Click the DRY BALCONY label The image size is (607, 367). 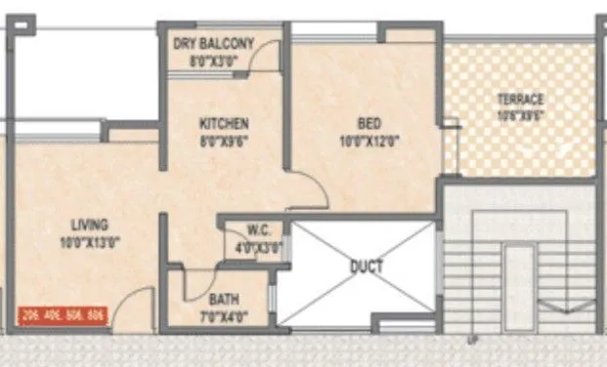(x=213, y=43)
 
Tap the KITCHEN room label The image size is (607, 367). (x=224, y=124)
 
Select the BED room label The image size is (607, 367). (x=369, y=124)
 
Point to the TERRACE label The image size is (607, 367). (x=520, y=100)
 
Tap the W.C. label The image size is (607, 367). (x=259, y=231)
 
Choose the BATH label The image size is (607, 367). (x=224, y=300)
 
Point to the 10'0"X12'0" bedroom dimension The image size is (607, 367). (x=369, y=141)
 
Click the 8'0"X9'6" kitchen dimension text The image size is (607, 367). (x=224, y=140)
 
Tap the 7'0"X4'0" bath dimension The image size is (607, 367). (x=224, y=315)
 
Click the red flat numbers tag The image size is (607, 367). (x=62, y=315)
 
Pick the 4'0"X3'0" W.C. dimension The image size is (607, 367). (x=259, y=246)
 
